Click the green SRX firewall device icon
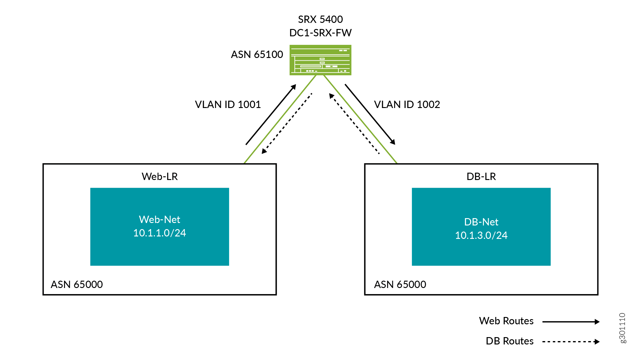pyautogui.click(x=320, y=60)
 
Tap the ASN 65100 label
pyautogui.click(x=257, y=55)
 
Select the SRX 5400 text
pyautogui.click(x=320, y=20)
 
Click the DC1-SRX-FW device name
pyautogui.click(x=320, y=33)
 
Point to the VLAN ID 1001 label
pyautogui.click(x=228, y=105)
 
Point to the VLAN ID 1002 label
pyautogui.click(x=407, y=105)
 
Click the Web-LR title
pyautogui.click(x=160, y=177)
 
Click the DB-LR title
pyautogui.click(x=481, y=177)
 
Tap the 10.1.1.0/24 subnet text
pyautogui.click(x=160, y=233)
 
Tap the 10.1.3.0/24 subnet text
pyautogui.click(x=481, y=236)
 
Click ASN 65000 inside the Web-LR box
pyautogui.click(x=77, y=285)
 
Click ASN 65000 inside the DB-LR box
pyautogui.click(x=400, y=285)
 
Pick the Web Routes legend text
pyautogui.click(x=506, y=321)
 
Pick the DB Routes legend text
pyautogui.click(x=510, y=341)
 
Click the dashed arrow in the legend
pyautogui.click(x=571, y=342)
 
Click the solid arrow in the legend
pyautogui.click(x=571, y=322)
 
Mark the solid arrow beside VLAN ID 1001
pyautogui.click(x=271, y=114)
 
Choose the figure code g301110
pyautogui.click(x=622, y=328)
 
